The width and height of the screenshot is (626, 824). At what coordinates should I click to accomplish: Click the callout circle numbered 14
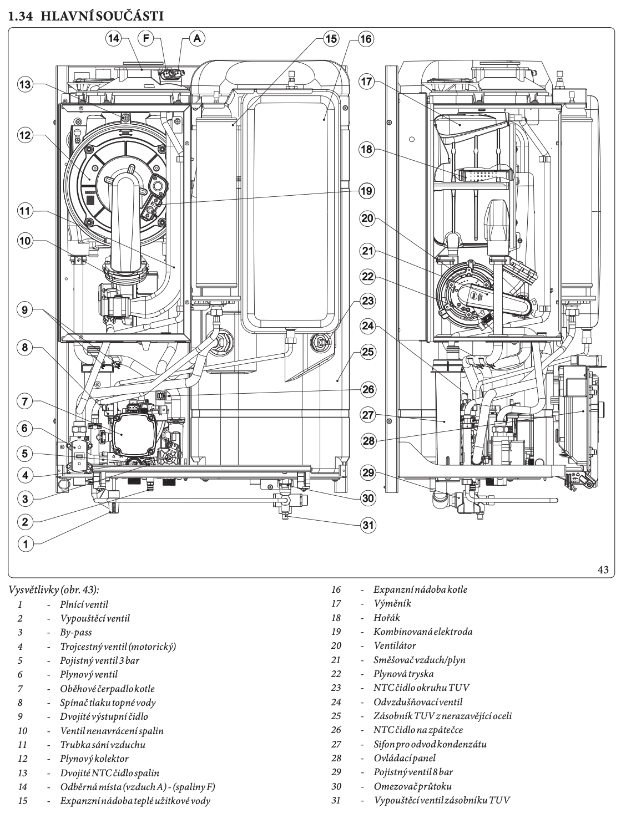tap(114, 38)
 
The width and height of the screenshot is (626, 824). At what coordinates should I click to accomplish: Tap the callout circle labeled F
tap(147, 38)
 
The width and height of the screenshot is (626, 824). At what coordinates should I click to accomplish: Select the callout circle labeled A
tap(197, 38)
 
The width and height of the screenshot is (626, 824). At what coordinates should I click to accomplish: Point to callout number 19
tap(366, 191)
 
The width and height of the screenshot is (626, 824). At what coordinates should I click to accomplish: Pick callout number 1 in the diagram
tap(25, 543)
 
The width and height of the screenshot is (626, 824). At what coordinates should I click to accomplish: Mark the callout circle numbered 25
tap(367, 352)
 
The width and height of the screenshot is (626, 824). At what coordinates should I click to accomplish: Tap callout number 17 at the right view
tap(366, 82)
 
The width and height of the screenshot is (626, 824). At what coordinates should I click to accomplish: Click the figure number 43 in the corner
tap(604, 569)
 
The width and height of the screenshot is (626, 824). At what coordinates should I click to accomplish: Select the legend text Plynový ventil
tap(89, 674)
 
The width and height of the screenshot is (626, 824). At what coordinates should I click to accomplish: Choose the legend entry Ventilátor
tap(395, 645)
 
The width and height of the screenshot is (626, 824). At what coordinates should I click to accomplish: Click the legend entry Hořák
tap(387, 618)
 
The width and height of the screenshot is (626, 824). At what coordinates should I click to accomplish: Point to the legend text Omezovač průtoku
tap(413, 786)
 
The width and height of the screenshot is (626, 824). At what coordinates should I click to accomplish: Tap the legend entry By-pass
tap(76, 632)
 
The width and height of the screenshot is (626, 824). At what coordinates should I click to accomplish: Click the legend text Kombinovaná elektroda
tap(423, 632)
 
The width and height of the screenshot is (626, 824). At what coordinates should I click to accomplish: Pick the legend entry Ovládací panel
tap(405, 758)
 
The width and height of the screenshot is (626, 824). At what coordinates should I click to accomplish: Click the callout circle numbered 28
tap(368, 441)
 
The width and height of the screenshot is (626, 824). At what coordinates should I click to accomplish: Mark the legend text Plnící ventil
tap(84, 604)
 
